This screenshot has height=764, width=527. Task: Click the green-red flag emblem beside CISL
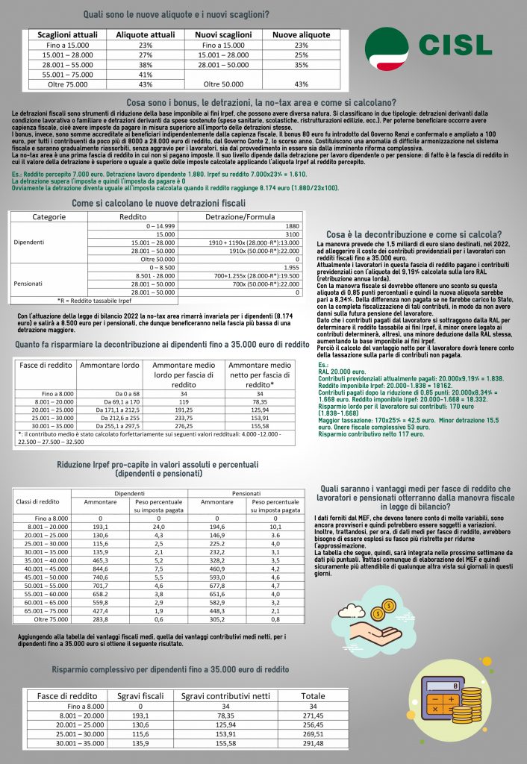point(389,46)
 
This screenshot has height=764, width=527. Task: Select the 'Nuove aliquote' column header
point(301,35)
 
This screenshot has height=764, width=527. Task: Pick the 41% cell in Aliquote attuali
point(146,75)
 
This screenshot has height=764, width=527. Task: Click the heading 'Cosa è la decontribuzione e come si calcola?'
point(414,234)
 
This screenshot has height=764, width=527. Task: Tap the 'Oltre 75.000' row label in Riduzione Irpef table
point(42,619)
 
